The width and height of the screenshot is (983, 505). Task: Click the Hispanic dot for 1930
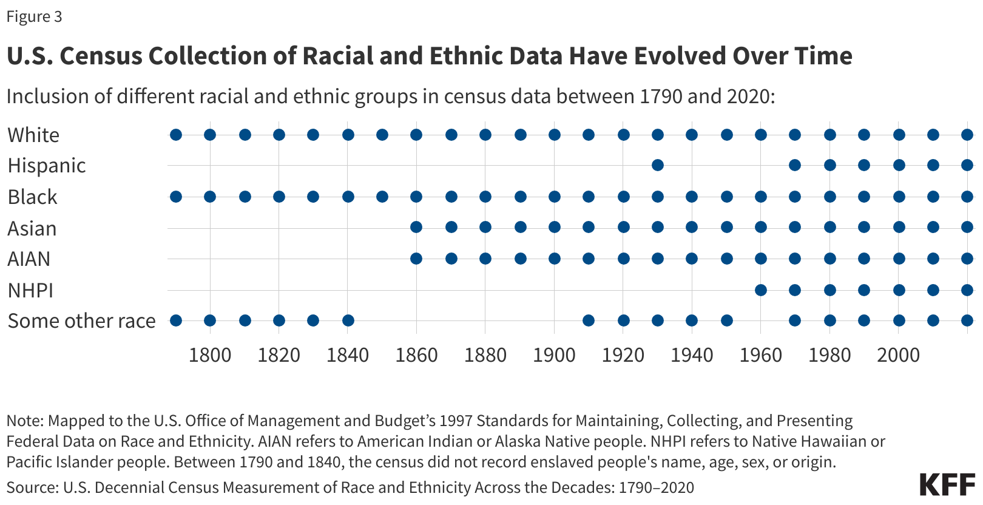coord(658,165)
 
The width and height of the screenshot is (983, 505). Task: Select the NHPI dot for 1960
coord(761,290)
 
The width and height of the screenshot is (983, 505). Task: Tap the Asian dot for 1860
coord(416,227)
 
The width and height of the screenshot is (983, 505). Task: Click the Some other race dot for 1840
coord(348,320)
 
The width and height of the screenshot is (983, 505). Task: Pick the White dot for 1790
coord(176,135)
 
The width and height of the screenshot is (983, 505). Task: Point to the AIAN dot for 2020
coord(967,259)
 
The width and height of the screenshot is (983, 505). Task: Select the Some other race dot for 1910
coord(589,320)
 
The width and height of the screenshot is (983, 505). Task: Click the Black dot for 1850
coord(382,197)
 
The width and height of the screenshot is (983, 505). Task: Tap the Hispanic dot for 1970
coord(795,165)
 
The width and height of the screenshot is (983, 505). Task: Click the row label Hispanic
coord(47,166)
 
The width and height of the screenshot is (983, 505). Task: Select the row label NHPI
coord(30,291)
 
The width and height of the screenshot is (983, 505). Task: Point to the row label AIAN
coord(29,259)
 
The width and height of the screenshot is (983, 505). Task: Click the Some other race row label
coord(81,321)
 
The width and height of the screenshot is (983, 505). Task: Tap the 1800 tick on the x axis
coord(210,355)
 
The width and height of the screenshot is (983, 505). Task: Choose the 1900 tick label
coord(554,355)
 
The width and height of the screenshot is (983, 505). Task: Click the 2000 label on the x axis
coord(898,355)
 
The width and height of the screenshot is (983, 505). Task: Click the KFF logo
coord(946,484)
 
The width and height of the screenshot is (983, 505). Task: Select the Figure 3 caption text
coord(34,16)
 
